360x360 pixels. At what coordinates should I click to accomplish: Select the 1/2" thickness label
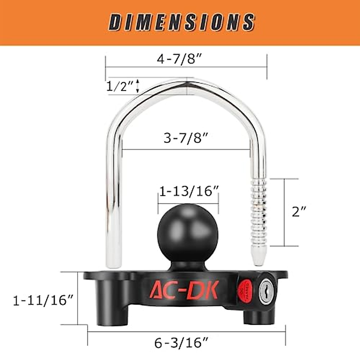[x=119, y=87]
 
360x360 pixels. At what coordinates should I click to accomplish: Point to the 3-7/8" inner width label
[x=186, y=139]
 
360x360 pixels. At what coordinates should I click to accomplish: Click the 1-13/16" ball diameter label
[x=189, y=191]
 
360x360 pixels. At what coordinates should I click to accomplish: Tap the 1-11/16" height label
[x=43, y=300]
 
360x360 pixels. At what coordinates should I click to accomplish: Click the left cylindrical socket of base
[x=109, y=306]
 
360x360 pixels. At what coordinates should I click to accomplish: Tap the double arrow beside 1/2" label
[x=137, y=86]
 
